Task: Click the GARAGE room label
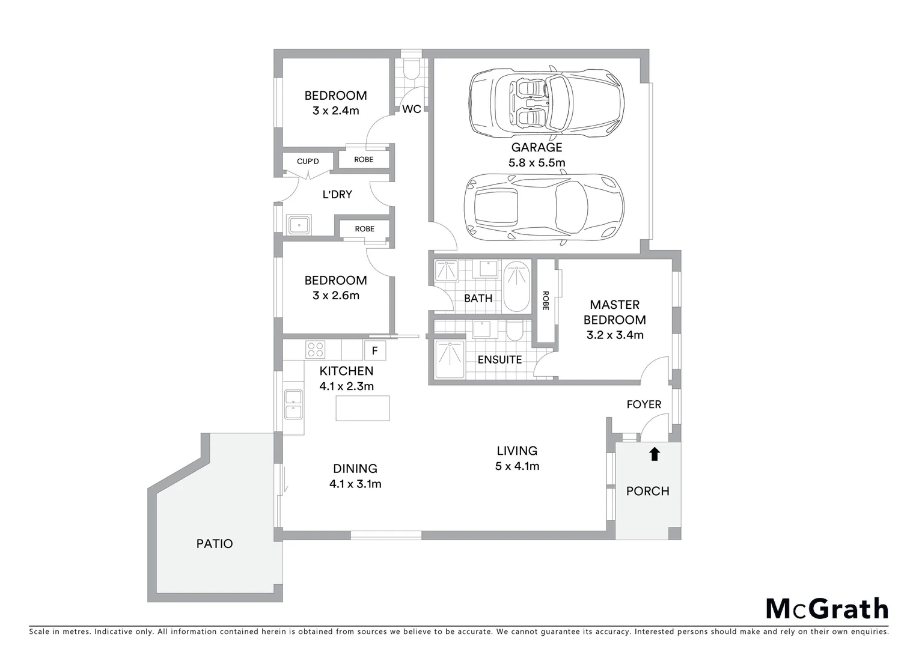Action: click(537, 147)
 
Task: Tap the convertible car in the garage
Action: click(546, 100)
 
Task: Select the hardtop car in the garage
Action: click(544, 208)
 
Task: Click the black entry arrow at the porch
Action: click(655, 454)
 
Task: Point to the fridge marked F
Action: click(374, 350)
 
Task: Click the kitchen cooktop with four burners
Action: click(316, 349)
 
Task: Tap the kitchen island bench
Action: click(362, 409)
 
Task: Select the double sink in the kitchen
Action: click(293, 404)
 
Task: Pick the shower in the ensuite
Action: click(448, 360)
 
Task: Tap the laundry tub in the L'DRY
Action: click(299, 225)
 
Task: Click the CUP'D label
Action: click(308, 162)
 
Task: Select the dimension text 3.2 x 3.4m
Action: click(615, 335)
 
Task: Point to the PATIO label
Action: click(215, 544)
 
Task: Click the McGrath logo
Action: click(826, 609)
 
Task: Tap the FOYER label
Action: click(644, 404)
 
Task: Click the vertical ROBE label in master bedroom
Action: click(546, 300)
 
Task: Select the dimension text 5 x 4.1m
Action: click(517, 466)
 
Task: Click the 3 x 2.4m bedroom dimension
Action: click(335, 111)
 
